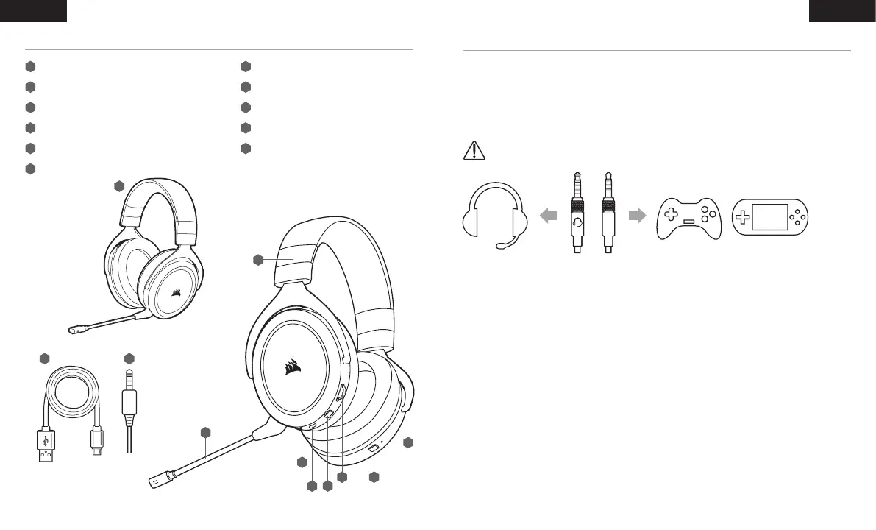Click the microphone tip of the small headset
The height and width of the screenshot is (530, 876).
(x=73, y=330)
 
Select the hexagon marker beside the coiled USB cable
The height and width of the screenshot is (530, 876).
(x=44, y=358)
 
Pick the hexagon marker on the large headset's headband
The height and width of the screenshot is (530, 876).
(x=258, y=259)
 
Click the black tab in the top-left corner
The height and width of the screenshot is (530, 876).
(x=33, y=10)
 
